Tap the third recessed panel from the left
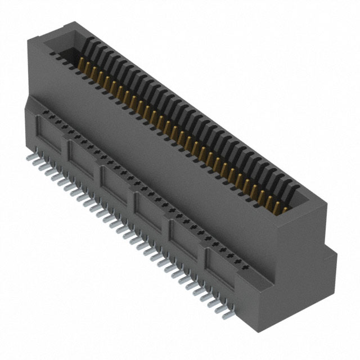coord(116,179)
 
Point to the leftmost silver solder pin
coord(31,151)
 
